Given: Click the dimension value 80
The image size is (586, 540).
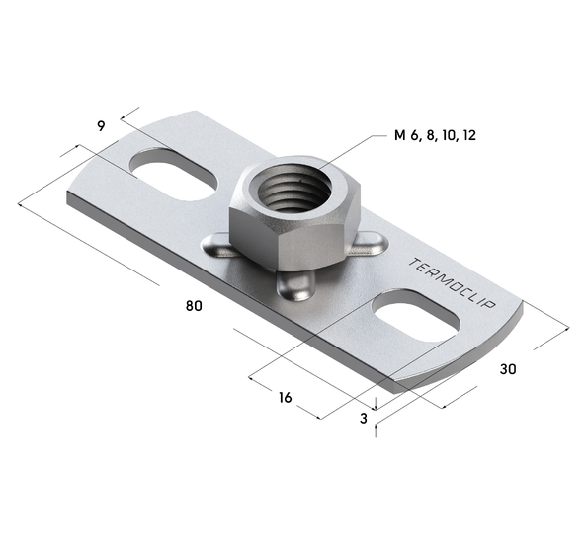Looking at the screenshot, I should pyautogui.click(x=194, y=306).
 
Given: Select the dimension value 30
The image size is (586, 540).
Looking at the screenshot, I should pyautogui.click(x=508, y=369).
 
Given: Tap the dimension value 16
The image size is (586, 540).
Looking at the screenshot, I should pyautogui.click(x=285, y=398).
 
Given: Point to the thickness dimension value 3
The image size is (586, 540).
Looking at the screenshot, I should pyautogui.click(x=364, y=419).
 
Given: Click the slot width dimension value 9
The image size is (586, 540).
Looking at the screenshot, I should pyautogui.click(x=101, y=125).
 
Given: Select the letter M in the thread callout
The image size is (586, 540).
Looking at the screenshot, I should pyautogui.click(x=400, y=134).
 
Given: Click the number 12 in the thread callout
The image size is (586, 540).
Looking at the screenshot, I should pyautogui.click(x=468, y=134).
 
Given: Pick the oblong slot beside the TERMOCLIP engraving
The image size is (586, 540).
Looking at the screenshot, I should pyautogui.click(x=415, y=316).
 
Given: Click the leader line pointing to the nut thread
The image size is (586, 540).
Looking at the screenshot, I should pyautogui.click(x=346, y=150).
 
